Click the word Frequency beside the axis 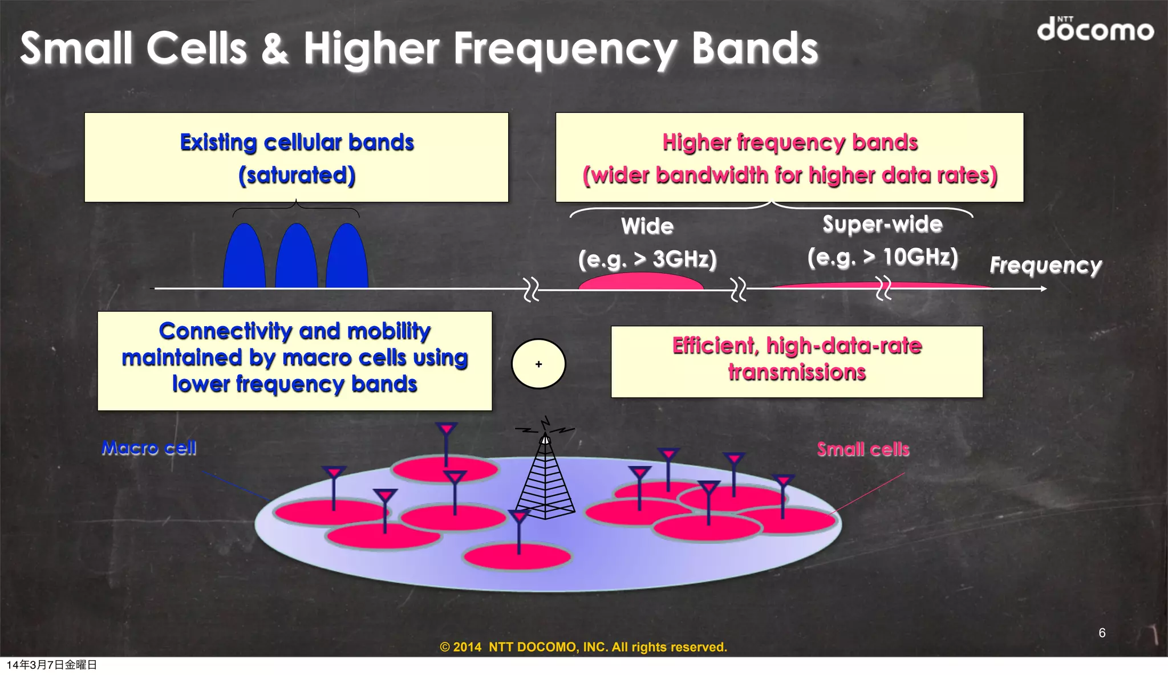tap(1045, 266)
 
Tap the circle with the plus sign tap(538, 364)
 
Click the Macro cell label tap(149, 448)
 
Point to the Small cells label tap(863, 450)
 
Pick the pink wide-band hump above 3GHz tap(641, 281)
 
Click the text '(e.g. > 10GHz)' tap(882, 257)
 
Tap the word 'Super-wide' tap(882, 224)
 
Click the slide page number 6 tap(1102, 633)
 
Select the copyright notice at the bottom tap(583, 647)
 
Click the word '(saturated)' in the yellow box tap(297, 175)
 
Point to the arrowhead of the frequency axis tap(1043, 289)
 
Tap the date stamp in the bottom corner tap(52, 665)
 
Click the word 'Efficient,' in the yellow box tap(716, 346)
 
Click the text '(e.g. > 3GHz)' tap(647, 259)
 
